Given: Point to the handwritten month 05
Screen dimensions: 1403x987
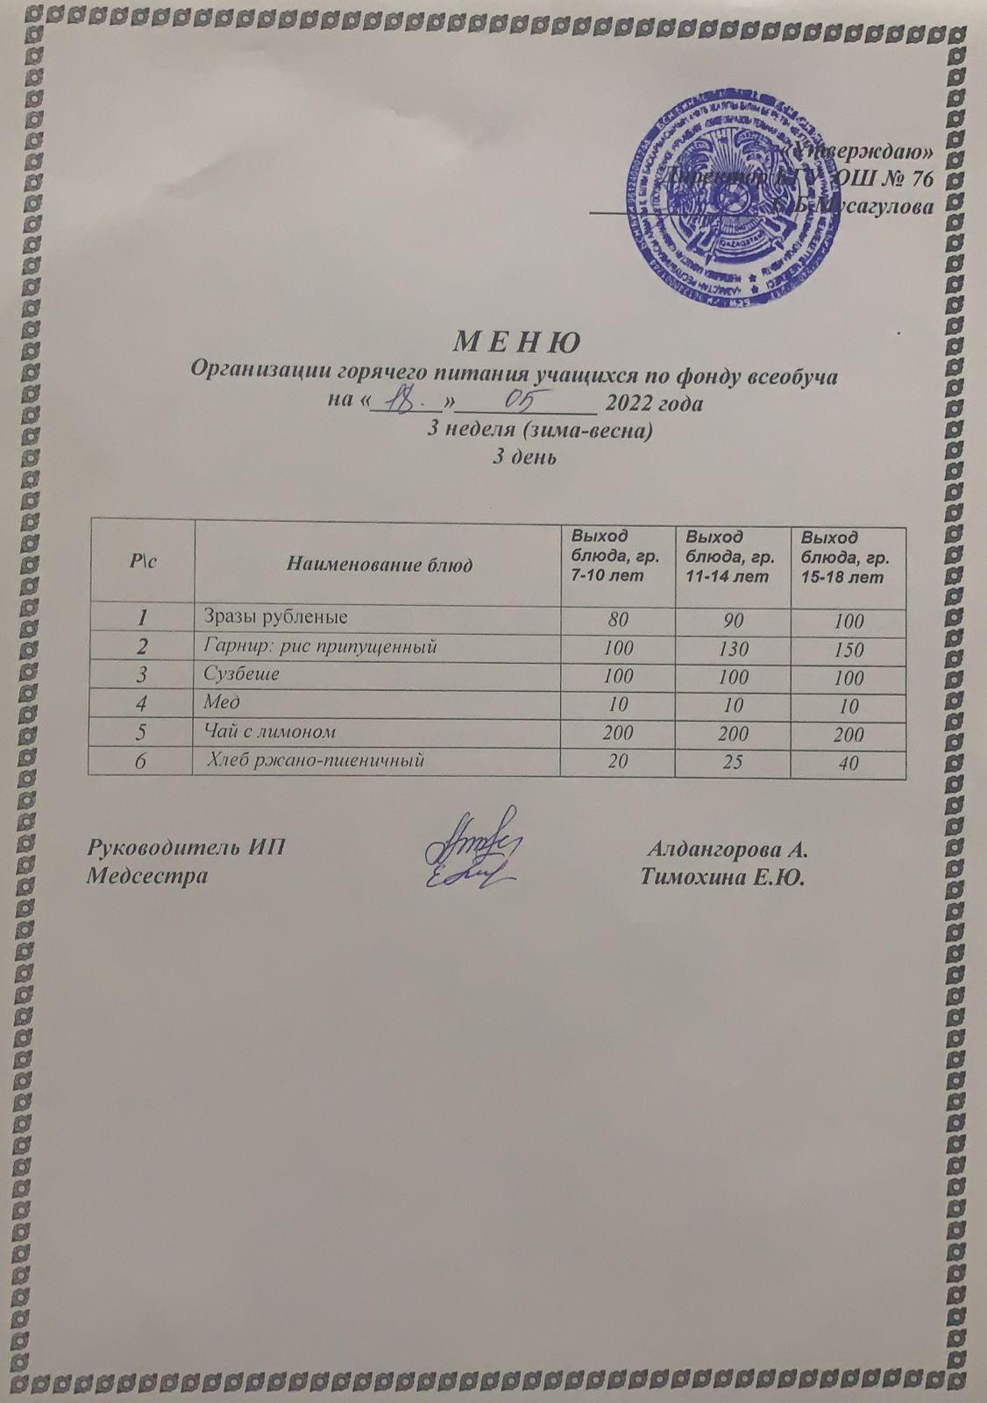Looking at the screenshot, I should (x=523, y=402).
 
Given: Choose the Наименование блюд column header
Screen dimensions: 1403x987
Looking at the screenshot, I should (x=380, y=565).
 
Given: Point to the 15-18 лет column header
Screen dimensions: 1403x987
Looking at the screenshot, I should (x=846, y=557).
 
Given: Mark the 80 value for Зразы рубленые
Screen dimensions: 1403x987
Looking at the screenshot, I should (x=618, y=621).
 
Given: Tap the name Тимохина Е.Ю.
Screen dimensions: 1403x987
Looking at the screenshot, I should (x=723, y=876).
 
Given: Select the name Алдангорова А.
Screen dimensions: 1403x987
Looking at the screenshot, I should (x=727, y=850).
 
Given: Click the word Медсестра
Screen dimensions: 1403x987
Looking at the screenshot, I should (x=148, y=876).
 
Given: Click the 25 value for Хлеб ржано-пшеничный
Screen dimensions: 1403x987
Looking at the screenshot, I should (x=734, y=763).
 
